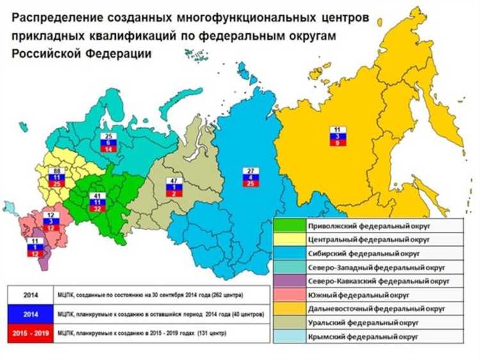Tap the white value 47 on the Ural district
[x=173, y=181]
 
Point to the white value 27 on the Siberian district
[x=250, y=170]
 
